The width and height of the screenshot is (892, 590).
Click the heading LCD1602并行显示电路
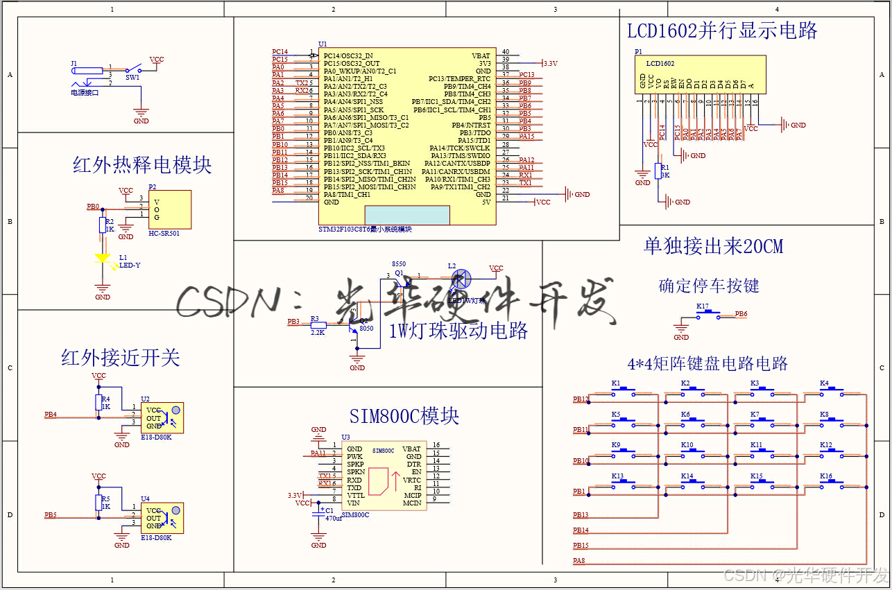pos(722,31)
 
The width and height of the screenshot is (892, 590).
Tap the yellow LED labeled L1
pos(103,259)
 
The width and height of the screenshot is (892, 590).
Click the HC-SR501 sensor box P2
pos(169,209)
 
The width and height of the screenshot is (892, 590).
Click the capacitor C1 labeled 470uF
pos(319,512)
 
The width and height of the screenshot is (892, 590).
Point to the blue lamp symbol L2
pos(460,279)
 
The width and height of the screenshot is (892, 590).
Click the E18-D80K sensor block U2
pos(163,417)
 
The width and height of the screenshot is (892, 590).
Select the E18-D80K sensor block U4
pos(163,517)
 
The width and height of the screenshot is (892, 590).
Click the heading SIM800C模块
pos(404,416)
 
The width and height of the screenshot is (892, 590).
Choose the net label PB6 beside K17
pos(741,314)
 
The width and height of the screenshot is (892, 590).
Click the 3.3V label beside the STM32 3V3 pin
pos(550,63)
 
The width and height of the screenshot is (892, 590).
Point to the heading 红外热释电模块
pos(141,165)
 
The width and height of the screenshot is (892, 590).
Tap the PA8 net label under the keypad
pos(578,560)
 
